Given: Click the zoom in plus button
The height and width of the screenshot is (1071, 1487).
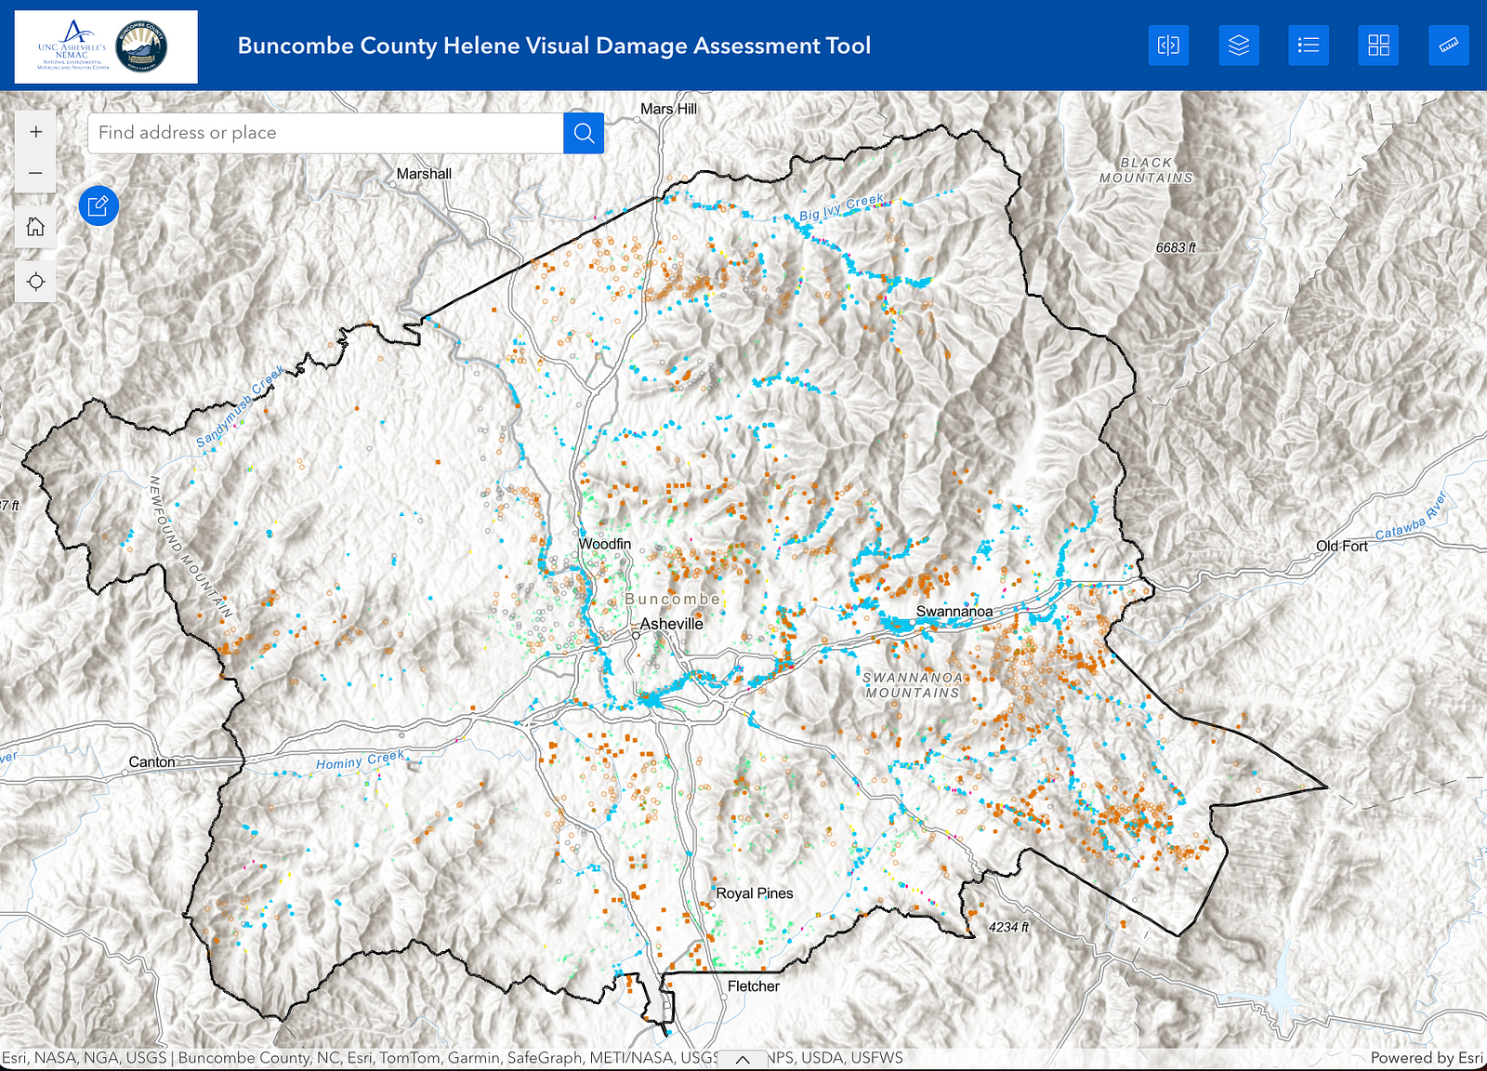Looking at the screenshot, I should [35, 132].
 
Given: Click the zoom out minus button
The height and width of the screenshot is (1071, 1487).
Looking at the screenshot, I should [35, 173].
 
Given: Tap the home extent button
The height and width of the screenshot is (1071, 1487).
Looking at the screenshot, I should [35, 227].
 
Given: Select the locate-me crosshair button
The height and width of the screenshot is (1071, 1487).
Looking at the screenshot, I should [35, 282].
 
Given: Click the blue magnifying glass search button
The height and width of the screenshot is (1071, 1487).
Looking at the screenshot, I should [584, 133].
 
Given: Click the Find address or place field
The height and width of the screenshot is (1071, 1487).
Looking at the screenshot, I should [325, 133].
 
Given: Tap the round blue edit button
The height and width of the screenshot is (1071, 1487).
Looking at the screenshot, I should [99, 205].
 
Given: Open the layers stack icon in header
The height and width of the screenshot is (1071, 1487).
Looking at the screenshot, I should [1238, 46].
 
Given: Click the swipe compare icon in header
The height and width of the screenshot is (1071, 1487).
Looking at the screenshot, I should [1168, 46].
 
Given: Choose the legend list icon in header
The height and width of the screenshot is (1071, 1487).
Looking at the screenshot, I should [1308, 46].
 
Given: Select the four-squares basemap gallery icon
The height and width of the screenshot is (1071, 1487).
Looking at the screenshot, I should [1378, 46].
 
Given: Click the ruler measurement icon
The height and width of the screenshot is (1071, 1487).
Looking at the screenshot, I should [1448, 46].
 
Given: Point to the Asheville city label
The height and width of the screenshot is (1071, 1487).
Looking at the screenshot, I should [672, 624].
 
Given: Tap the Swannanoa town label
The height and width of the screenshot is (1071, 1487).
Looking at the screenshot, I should [954, 612].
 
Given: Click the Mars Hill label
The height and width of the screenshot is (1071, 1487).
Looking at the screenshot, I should [668, 109].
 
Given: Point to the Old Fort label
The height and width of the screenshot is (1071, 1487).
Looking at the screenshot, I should [1341, 547].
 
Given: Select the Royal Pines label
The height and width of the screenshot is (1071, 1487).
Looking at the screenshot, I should [755, 893].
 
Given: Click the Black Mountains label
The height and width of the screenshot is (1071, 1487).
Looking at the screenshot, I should [1146, 170].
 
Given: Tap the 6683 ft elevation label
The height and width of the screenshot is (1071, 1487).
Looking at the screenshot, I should [1176, 248].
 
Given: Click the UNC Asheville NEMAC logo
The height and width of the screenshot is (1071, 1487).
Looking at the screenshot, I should [72, 46].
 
